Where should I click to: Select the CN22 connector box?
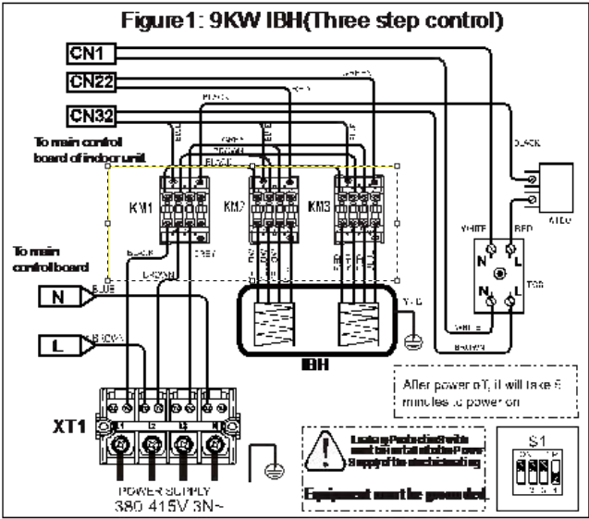click(91, 82)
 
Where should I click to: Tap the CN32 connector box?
click(91, 116)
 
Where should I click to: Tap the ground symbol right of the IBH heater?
click(415, 340)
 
